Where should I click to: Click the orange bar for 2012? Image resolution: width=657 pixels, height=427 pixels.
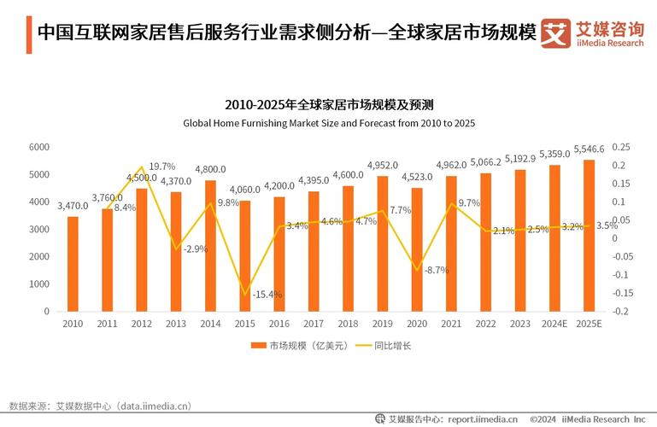[x=142, y=250]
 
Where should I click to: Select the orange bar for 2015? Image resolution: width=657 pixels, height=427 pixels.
[x=245, y=256]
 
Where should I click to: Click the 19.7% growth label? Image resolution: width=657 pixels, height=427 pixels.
[x=162, y=167]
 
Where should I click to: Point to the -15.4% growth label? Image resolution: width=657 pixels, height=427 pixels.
[x=267, y=294]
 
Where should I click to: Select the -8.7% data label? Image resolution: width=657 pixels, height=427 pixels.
[x=436, y=270]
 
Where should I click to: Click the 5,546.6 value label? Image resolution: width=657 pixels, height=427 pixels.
[x=589, y=149]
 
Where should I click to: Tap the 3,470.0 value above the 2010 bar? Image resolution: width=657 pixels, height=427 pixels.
[x=73, y=206]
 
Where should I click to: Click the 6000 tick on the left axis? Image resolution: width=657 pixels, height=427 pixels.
[x=39, y=147]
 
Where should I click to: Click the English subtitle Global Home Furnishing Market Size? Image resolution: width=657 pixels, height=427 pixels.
[x=329, y=123]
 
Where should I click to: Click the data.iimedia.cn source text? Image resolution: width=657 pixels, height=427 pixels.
[x=152, y=406]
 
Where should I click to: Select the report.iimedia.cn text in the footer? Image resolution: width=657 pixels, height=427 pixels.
[x=484, y=419]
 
